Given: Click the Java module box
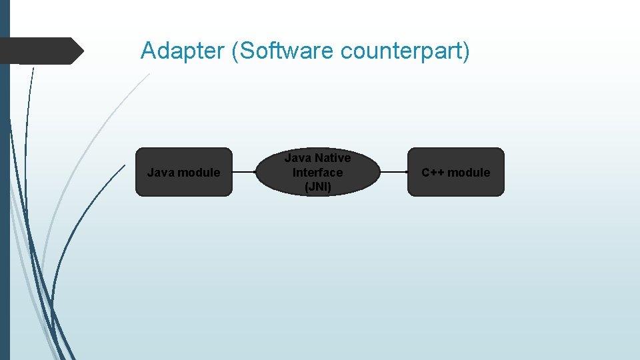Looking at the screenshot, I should [183, 172].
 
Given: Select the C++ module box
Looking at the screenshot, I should [456, 172].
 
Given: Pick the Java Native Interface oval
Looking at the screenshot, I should [317, 172].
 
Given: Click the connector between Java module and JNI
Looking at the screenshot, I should [243, 172].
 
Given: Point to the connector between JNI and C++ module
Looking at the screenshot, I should [393, 172].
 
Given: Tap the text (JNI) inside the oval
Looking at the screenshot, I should [317, 187].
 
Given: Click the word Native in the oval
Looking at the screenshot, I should [333, 158].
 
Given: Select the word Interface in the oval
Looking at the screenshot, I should [317, 172].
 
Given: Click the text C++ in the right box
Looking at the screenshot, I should [433, 173].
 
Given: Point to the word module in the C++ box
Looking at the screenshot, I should [469, 173].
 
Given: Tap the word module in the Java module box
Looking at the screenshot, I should [198, 173].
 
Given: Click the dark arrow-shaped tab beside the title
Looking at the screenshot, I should [40, 51].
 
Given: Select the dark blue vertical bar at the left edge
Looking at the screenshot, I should [5, 200].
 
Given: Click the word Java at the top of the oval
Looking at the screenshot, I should [298, 158].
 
